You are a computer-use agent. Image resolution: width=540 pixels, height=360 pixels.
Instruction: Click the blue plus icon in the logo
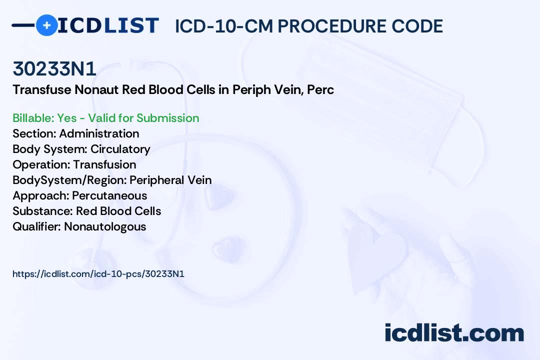tap(47, 25)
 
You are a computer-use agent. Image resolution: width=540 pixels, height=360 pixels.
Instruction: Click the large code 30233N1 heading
tap(54, 68)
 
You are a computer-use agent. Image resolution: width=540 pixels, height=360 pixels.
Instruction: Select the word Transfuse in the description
tap(41, 89)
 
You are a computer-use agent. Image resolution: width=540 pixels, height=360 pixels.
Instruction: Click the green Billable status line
tap(105, 118)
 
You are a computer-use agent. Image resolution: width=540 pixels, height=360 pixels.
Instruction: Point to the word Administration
tap(99, 133)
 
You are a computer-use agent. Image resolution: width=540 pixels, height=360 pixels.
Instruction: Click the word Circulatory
tap(120, 149)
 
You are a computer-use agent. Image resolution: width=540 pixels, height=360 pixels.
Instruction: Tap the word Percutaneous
tap(109, 195)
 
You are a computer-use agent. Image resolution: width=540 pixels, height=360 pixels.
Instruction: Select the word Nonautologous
tap(105, 226)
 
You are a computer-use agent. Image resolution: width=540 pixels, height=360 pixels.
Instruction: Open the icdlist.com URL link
tap(98, 274)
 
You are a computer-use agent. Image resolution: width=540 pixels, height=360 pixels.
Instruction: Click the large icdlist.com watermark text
tap(454, 333)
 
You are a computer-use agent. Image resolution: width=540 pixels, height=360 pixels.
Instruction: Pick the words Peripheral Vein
tap(170, 180)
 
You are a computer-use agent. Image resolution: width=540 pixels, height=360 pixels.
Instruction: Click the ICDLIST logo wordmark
tap(108, 25)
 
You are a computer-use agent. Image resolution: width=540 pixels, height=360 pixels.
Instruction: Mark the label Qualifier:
tap(37, 226)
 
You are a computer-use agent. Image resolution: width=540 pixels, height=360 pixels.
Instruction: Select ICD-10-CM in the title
tap(224, 26)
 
